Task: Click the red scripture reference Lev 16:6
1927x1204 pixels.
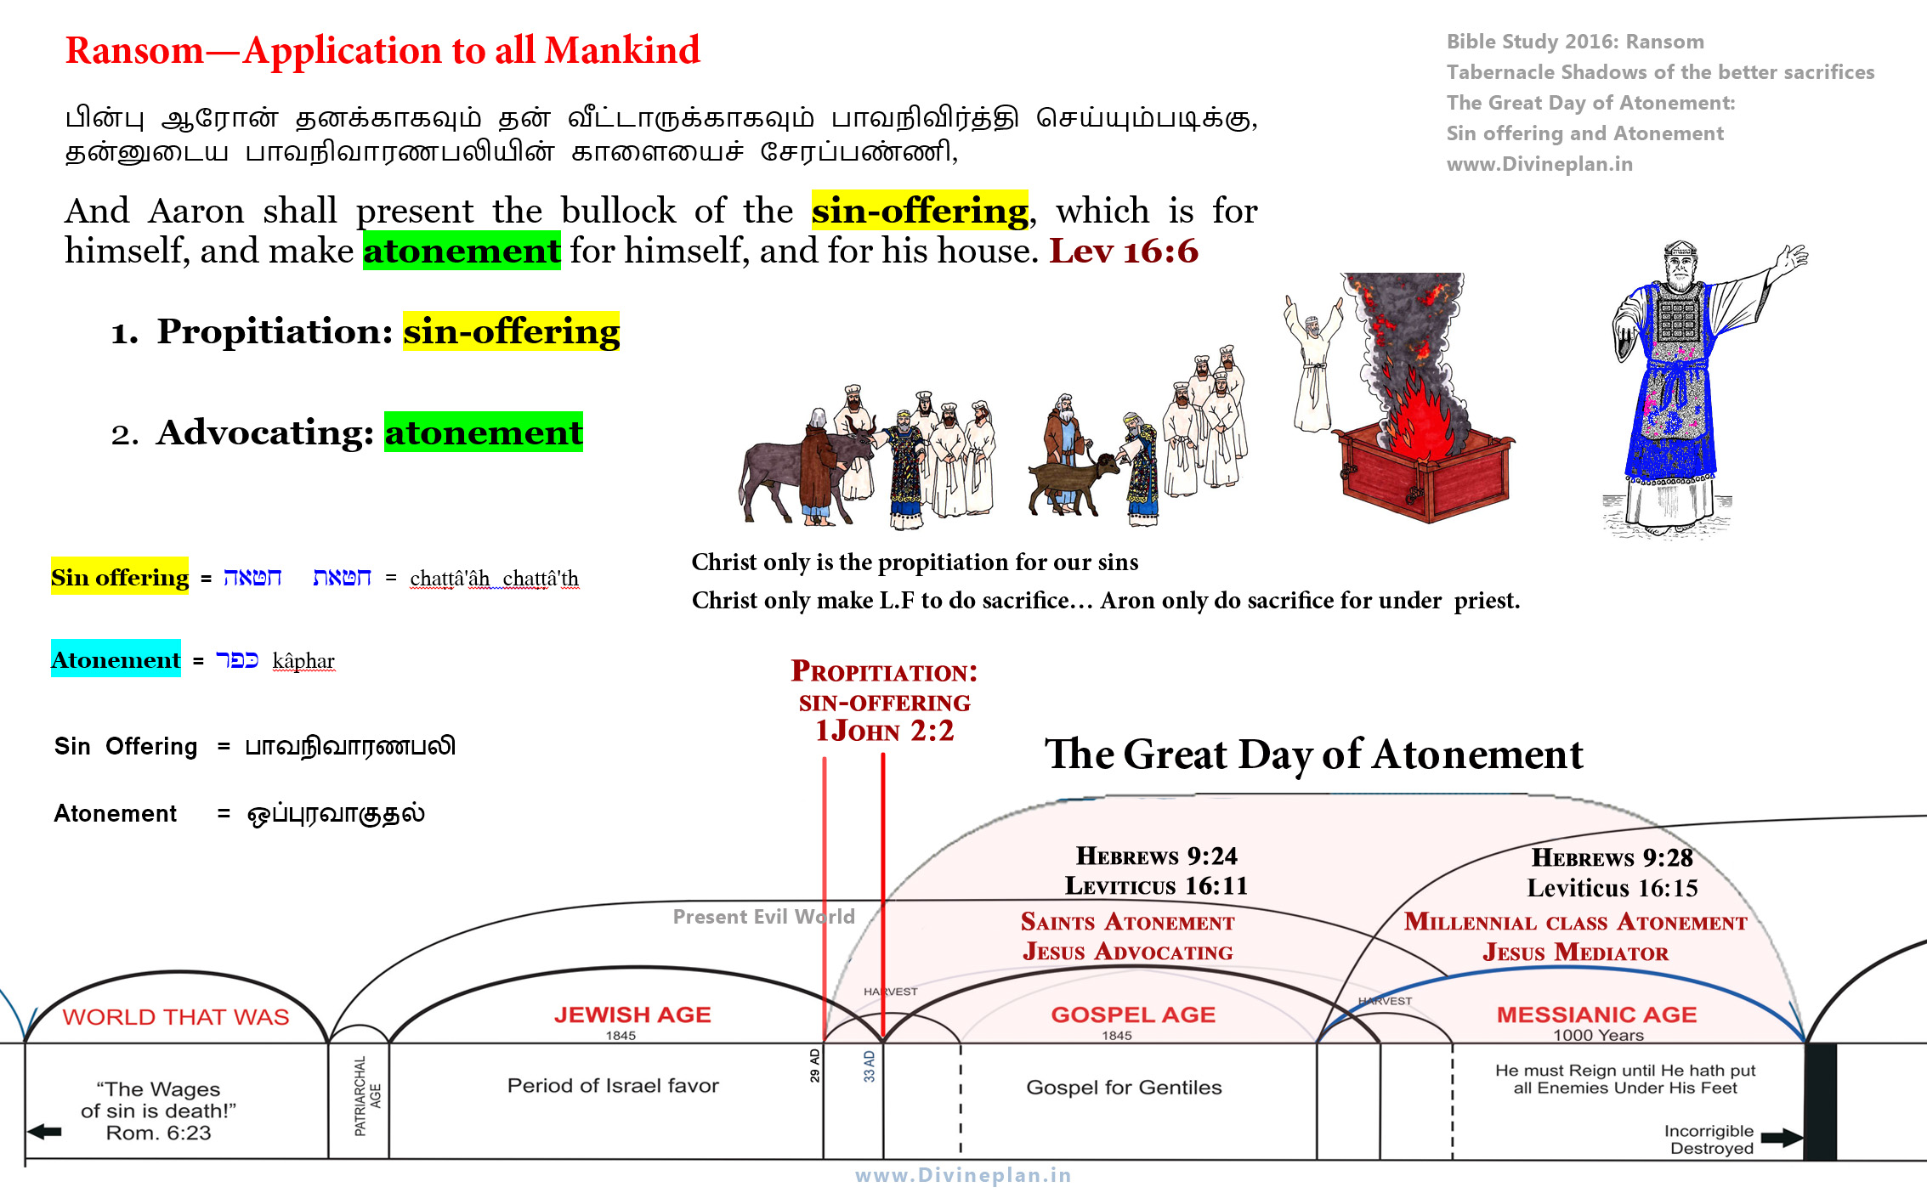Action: [1123, 252]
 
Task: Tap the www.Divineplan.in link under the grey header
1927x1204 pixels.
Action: [1539, 164]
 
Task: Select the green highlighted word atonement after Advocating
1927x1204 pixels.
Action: [484, 432]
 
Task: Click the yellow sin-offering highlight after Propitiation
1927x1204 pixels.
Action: [511, 331]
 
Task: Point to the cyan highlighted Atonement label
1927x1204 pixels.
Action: [116, 659]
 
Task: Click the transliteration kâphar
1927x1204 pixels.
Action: [303, 661]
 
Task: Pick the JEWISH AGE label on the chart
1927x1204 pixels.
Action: [632, 1015]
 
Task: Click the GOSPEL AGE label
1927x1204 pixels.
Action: [1133, 1015]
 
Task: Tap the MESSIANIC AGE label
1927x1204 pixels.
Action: [1596, 1015]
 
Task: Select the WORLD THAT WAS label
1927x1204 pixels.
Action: [176, 1017]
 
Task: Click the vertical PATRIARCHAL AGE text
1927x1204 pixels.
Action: [367, 1096]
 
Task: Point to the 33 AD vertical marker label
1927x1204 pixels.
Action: [869, 1066]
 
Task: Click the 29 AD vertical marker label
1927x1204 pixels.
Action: [814, 1065]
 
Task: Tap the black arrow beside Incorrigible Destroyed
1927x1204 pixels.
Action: [1782, 1138]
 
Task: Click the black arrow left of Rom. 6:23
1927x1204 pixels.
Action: [44, 1132]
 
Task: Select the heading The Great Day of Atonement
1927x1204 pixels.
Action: [1313, 755]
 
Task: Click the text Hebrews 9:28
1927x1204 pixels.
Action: [1612, 857]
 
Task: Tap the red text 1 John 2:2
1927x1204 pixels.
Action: [884, 731]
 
